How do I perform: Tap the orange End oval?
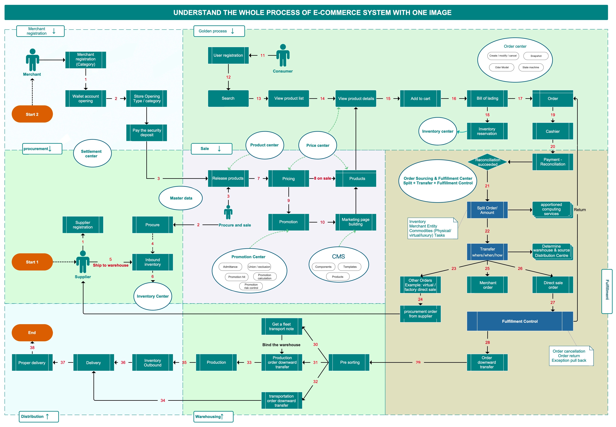click(32, 333)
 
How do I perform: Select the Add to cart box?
click(420, 98)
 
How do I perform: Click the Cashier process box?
click(553, 131)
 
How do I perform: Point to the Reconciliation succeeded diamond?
click(488, 162)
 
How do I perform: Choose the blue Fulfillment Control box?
click(520, 321)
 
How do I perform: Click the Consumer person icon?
click(283, 55)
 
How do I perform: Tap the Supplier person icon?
click(83, 262)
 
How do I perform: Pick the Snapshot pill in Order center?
click(536, 56)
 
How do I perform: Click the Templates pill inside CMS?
click(350, 267)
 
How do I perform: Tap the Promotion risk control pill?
click(251, 286)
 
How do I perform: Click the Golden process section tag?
click(219, 31)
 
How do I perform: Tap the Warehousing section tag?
click(213, 417)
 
